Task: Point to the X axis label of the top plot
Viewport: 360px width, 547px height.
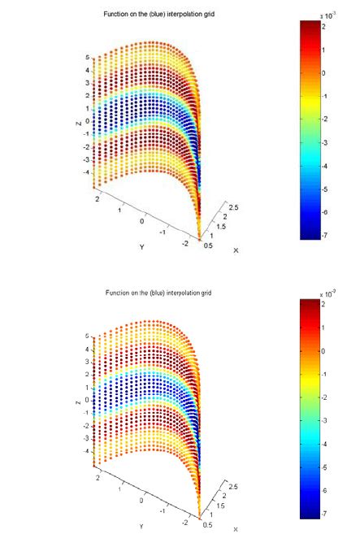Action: [x=236, y=250]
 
